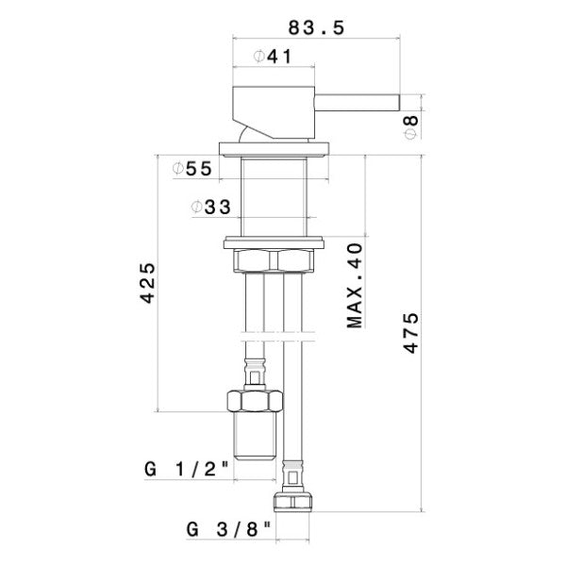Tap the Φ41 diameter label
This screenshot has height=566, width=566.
(272, 58)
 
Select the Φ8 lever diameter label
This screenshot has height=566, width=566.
(412, 123)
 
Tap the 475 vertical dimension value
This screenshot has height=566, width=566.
(411, 332)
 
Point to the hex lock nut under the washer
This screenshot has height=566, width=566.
(275, 259)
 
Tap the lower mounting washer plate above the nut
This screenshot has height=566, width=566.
(275, 241)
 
